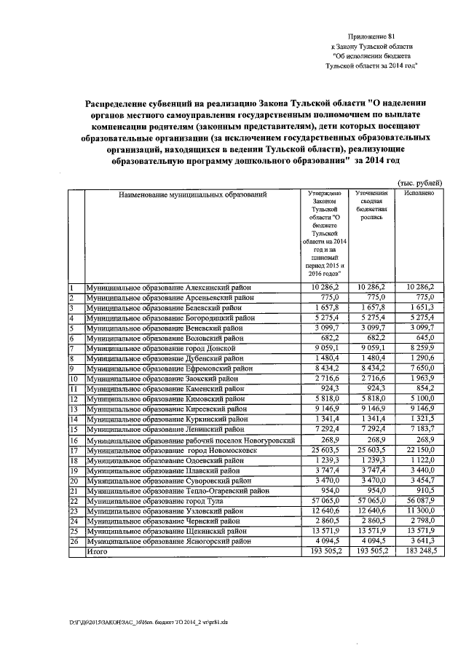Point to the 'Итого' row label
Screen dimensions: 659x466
98,553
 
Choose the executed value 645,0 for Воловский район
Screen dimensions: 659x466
424,339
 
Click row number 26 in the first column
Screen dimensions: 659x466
74,542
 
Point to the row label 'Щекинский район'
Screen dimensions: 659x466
168,532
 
